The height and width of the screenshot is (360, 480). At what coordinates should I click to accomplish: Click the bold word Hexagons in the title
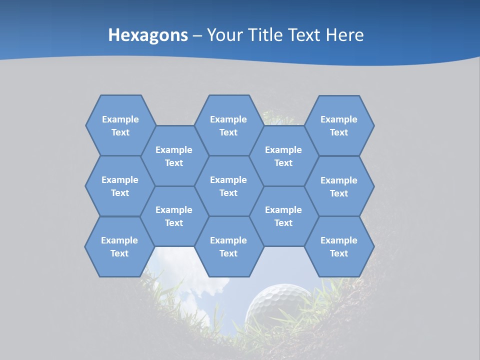[148, 35]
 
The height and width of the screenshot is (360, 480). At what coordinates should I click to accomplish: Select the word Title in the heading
[266, 35]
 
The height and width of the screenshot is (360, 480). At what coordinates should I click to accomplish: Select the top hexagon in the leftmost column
[120, 125]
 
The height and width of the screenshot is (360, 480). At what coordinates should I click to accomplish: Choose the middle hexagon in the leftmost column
[120, 186]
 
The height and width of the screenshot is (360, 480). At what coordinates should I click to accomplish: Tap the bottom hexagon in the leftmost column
[119, 246]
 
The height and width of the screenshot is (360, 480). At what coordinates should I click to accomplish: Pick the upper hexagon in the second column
[174, 156]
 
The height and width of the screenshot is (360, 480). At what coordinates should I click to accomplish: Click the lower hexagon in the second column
[174, 216]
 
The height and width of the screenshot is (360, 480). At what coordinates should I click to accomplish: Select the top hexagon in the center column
[228, 125]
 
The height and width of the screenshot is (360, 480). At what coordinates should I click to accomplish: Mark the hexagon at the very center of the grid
[228, 186]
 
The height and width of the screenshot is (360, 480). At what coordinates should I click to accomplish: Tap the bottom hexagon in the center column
[228, 246]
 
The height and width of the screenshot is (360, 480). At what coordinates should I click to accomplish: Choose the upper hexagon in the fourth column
[283, 156]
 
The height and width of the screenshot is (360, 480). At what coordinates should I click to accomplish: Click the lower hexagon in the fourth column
[283, 216]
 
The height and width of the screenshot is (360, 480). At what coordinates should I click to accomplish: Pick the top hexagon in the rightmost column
[339, 125]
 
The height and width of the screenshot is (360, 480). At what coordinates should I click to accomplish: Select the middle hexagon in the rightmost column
[339, 186]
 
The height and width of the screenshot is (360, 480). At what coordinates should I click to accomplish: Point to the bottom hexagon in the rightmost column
[339, 246]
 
